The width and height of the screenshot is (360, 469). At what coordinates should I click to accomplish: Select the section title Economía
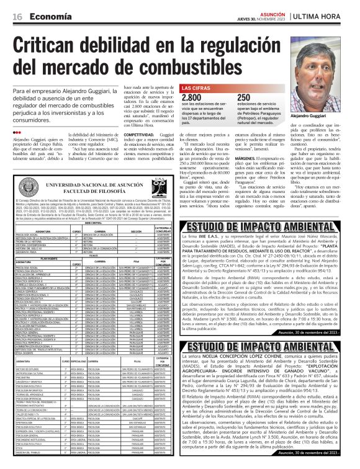pyautogui.click(x=48, y=17)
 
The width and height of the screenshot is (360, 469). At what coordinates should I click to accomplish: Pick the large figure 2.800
pyautogui.click(x=191, y=98)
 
